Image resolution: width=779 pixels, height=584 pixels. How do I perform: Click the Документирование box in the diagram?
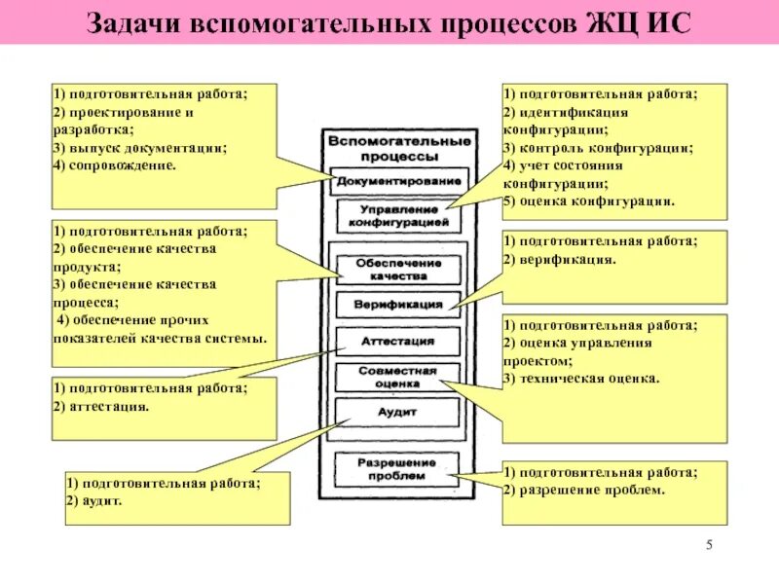399,182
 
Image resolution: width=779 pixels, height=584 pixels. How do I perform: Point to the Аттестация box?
398,342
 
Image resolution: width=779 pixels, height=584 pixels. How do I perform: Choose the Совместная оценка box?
398,377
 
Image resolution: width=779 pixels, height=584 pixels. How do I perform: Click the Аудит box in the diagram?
398,413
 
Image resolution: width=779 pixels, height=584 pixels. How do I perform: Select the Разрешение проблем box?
398,468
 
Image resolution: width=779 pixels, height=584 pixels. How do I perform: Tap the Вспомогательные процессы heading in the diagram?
399,148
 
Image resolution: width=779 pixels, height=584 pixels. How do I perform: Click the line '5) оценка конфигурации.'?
588,201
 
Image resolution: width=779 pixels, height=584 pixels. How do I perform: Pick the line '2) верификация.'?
559,260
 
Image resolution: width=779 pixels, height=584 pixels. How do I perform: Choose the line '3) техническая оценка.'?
581,378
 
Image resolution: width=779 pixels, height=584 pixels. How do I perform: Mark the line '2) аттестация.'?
102,406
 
